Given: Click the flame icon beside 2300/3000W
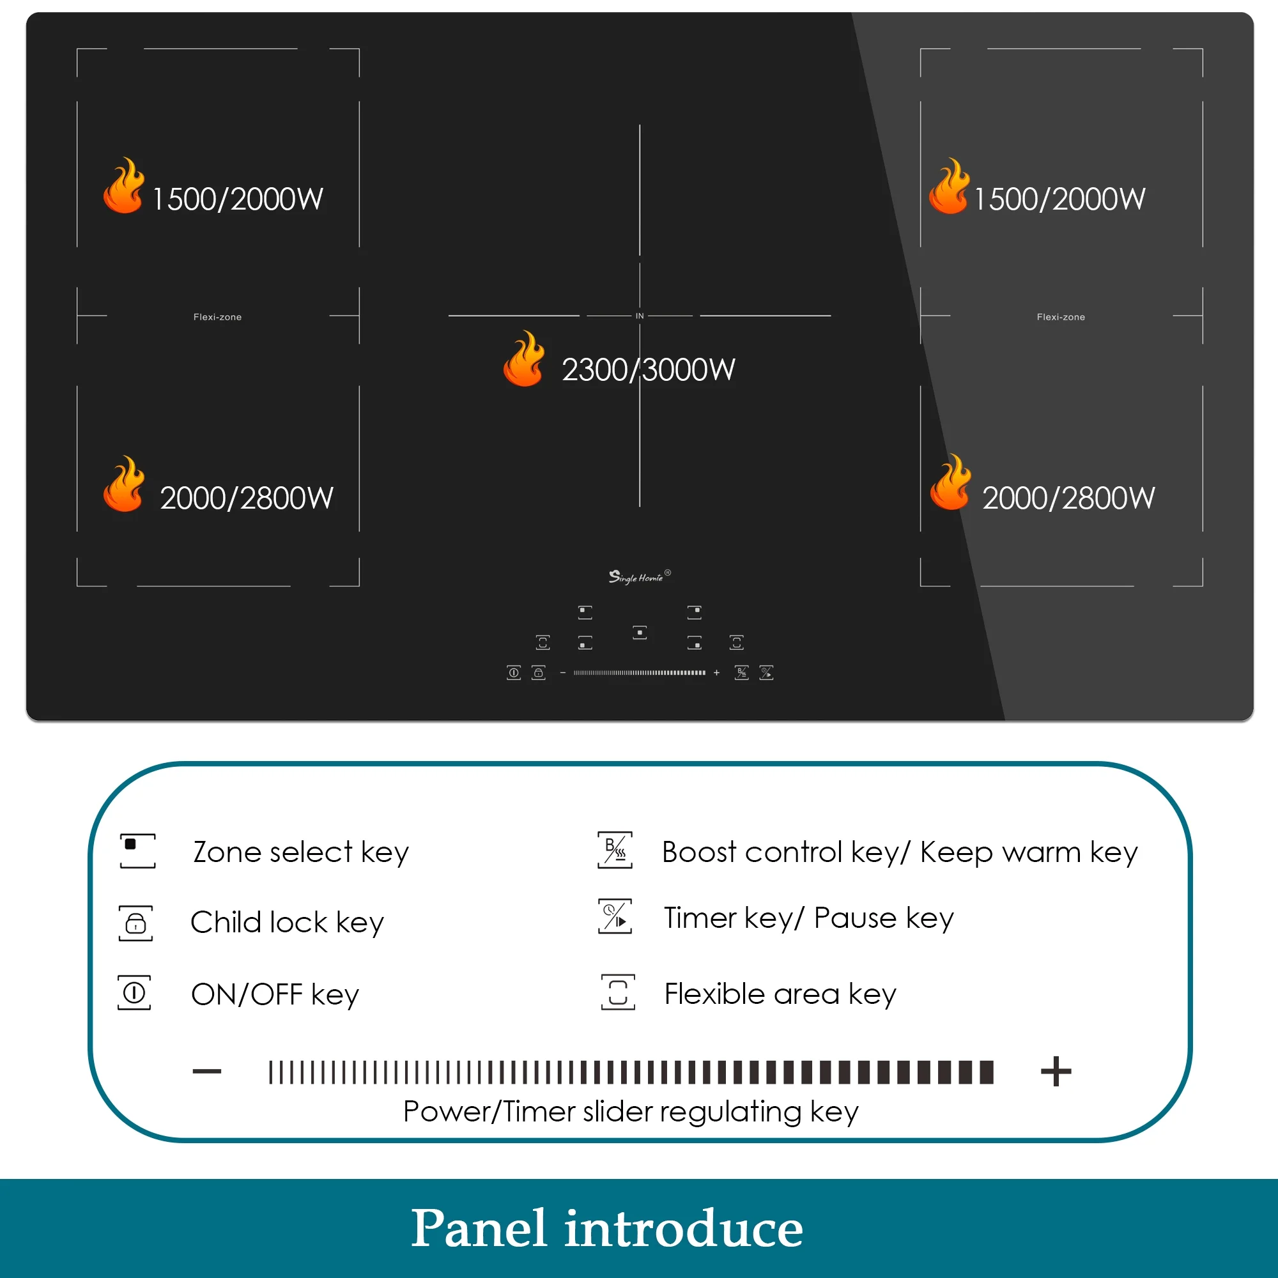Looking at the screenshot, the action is click(x=524, y=358).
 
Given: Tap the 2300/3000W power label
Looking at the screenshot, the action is click(x=648, y=370).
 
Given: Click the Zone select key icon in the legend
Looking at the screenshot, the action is click(x=137, y=851).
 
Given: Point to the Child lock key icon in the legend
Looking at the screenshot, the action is click(x=135, y=923).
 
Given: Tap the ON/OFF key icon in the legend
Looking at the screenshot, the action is click(x=134, y=992).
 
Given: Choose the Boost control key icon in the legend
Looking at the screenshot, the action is click(x=615, y=850).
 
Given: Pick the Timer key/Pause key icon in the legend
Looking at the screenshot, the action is click(x=615, y=916).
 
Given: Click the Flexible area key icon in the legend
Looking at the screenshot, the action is click(x=618, y=992).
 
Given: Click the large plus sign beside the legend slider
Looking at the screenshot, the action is click(x=1056, y=1072).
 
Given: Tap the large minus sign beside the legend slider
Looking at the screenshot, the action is click(x=207, y=1072).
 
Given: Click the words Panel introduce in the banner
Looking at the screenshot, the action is click(x=607, y=1228).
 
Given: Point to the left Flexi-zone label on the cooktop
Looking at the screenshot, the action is click(x=218, y=318).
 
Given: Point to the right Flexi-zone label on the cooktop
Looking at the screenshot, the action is click(x=1061, y=318).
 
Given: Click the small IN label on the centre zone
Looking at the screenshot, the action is click(x=640, y=316).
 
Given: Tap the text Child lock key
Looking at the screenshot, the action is click(x=287, y=923).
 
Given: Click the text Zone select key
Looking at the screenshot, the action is click(x=301, y=852).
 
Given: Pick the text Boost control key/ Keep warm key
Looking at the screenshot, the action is click(x=900, y=852).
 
